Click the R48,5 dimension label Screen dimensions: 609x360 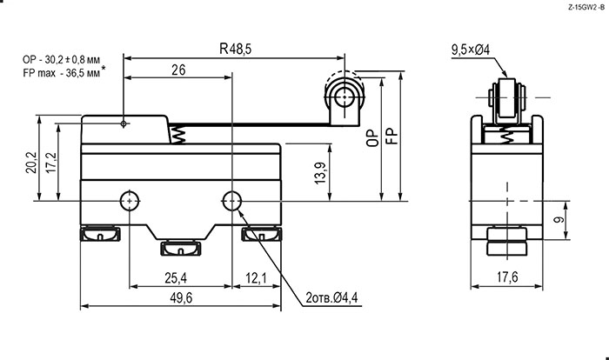point(236,49)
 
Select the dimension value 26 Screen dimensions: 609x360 point(178,70)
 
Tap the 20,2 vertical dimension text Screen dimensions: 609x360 point(31,162)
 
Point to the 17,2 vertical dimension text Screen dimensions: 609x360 point(50,163)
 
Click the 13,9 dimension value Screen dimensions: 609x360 point(320,172)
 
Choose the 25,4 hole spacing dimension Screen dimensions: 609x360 point(176,278)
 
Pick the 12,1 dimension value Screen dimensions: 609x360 point(256,278)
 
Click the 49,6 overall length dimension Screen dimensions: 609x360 point(181,298)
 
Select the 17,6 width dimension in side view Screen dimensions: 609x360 point(507,277)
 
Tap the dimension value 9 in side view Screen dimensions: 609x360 point(559,220)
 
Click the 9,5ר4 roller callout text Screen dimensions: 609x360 point(471,50)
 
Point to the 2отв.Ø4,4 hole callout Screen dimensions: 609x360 point(331,298)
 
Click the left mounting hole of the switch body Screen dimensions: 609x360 point(130,201)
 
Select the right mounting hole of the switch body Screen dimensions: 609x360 point(231,201)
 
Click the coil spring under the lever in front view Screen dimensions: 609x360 point(177,135)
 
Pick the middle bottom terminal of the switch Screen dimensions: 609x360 point(181,249)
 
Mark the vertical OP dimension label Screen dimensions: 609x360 point(372,138)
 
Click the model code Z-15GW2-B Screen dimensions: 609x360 point(586,7)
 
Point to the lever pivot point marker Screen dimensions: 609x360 point(124,123)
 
